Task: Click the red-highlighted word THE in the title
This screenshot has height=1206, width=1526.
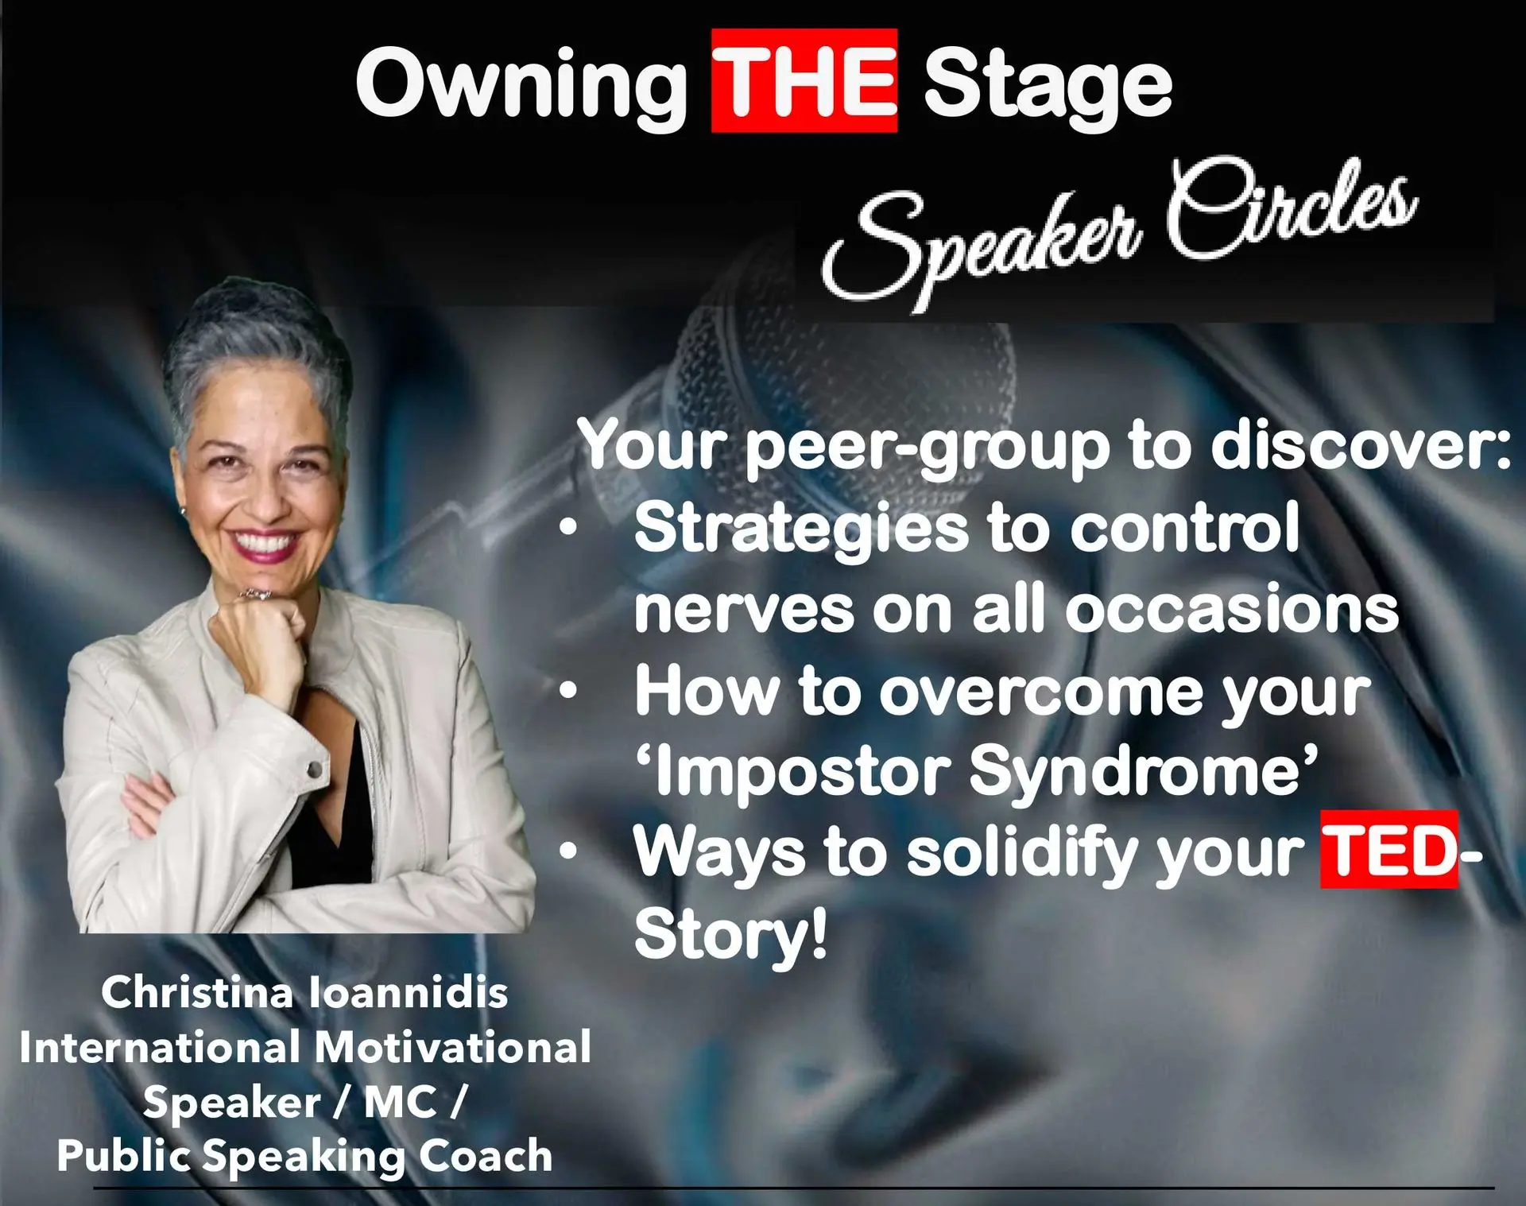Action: [x=804, y=81]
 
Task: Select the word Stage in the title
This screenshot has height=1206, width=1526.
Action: [x=1048, y=87]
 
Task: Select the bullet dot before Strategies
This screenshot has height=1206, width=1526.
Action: [x=567, y=528]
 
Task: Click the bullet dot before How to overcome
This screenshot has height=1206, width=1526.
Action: [x=567, y=691]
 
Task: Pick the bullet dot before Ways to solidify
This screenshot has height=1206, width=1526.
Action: [x=567, y=851]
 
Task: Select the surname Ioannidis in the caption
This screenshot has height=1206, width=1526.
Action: [x=409, y=992]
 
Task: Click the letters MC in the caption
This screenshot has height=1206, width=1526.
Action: [x=401, y=1102]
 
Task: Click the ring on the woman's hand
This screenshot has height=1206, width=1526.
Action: [x=256, y=594]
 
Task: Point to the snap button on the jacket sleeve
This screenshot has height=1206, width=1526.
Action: [x=316, y=769]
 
